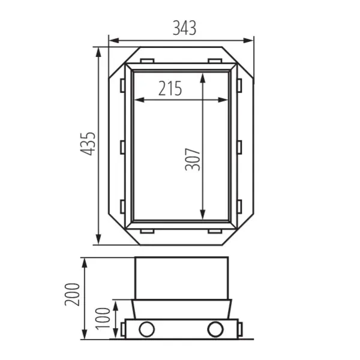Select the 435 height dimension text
[x=88, y=144]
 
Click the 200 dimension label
[x=72, y=293]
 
